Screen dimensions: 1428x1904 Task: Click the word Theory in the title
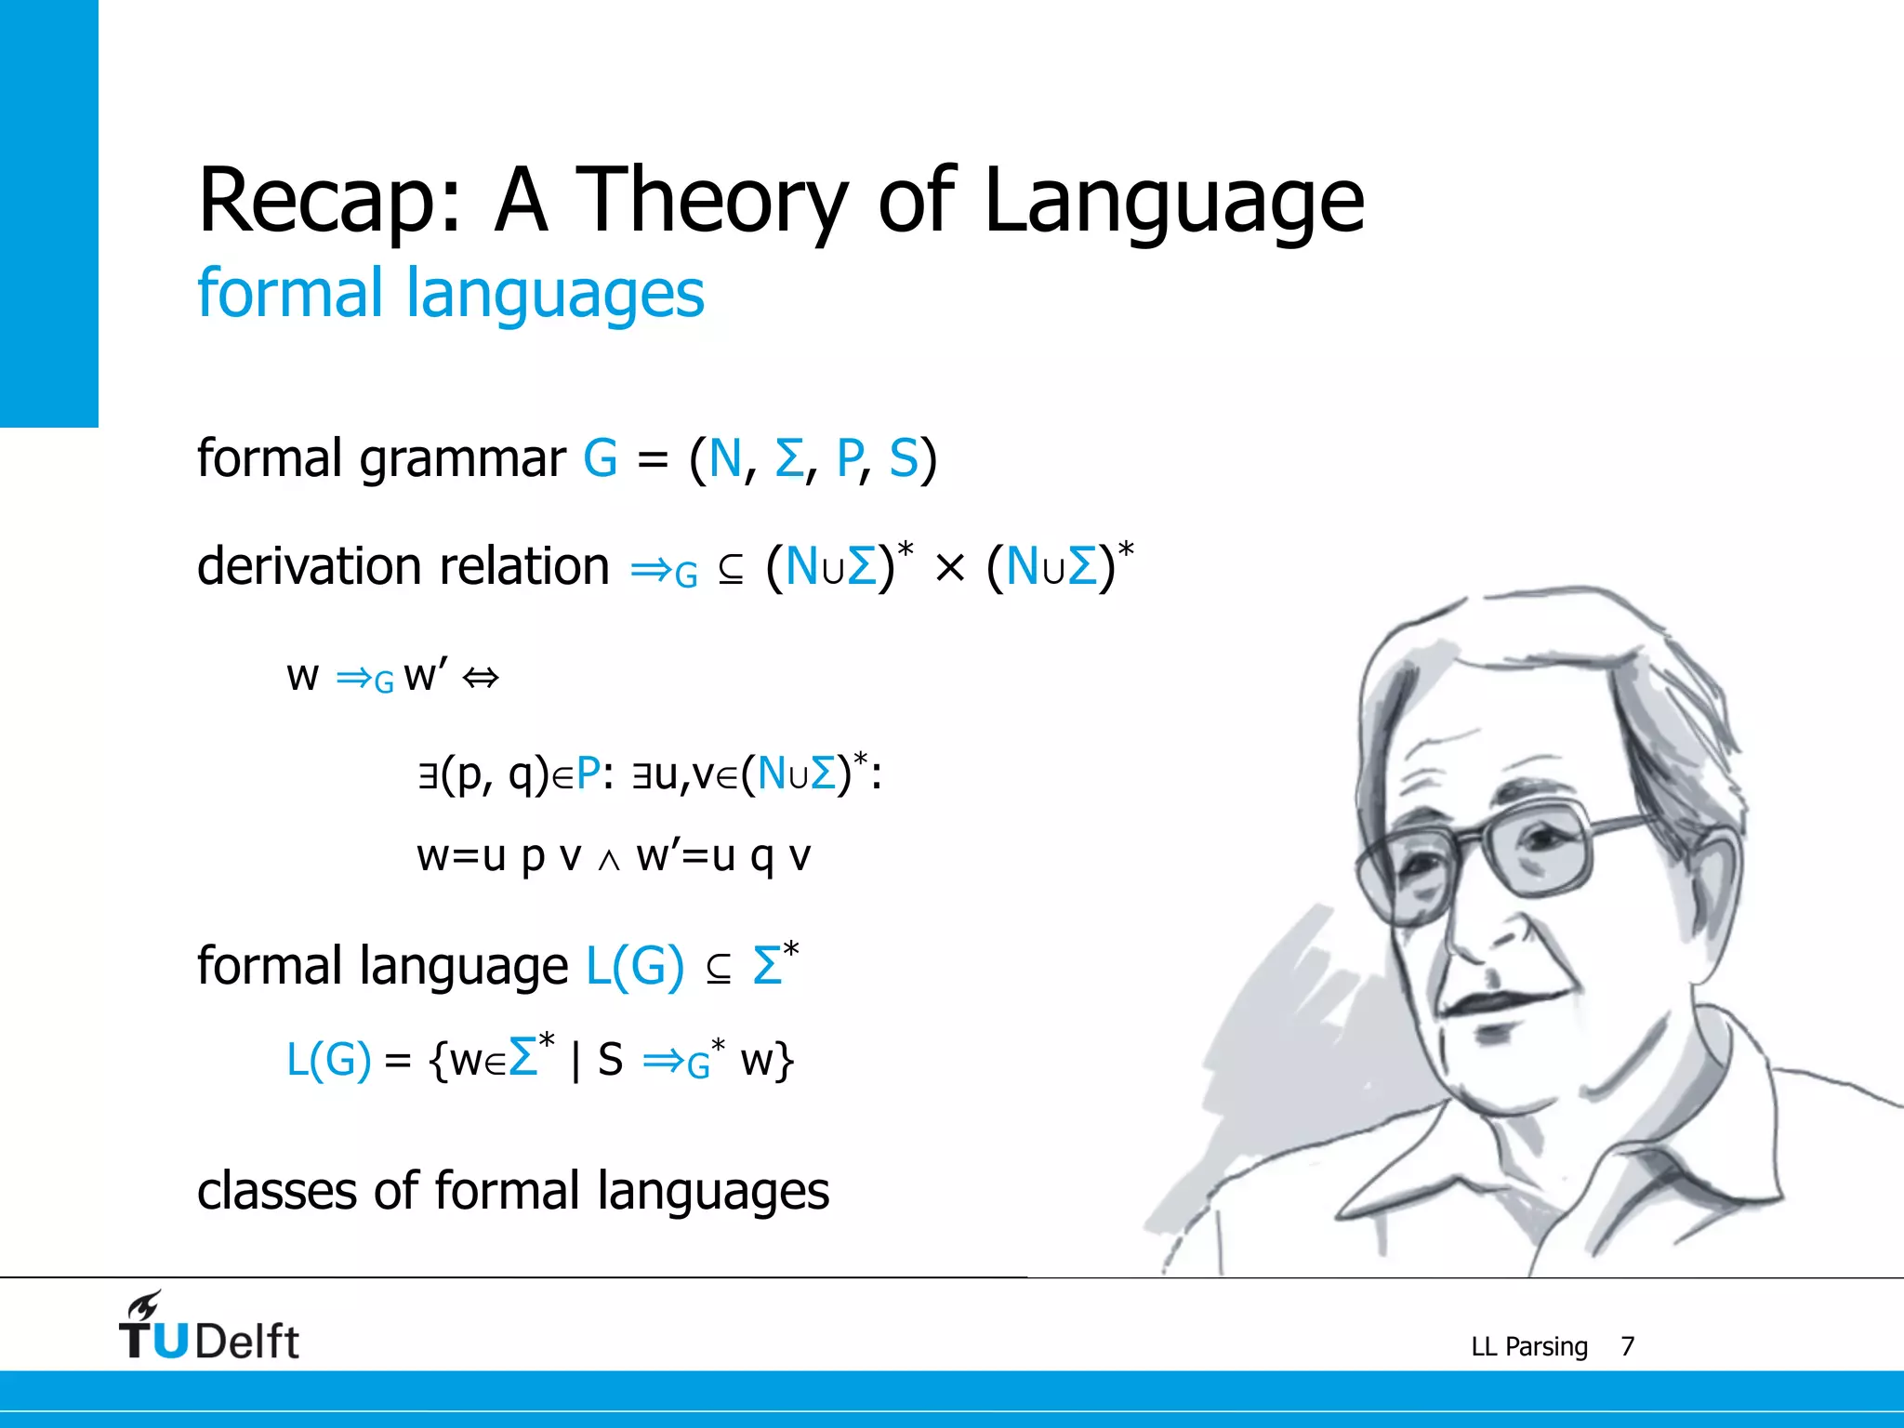(x=711, y=201)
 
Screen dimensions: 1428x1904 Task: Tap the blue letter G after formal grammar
(x=601, y=458)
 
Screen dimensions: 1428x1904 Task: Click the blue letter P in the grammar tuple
(x=850, y=458)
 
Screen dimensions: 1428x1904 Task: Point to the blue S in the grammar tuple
(x=903, y=458)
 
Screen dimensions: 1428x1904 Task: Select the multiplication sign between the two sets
(x=949, y=568)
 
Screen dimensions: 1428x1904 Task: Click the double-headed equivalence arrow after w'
(x=481, y=678)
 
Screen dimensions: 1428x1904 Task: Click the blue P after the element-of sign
(x=588, y=773)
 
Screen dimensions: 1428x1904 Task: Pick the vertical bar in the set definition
(x=576, y=1061)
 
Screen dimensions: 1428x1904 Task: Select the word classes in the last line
(x=276, y=1191)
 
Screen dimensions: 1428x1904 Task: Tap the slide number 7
(x=1627, y=1346)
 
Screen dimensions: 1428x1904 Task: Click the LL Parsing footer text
(x=1529, y=1346)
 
